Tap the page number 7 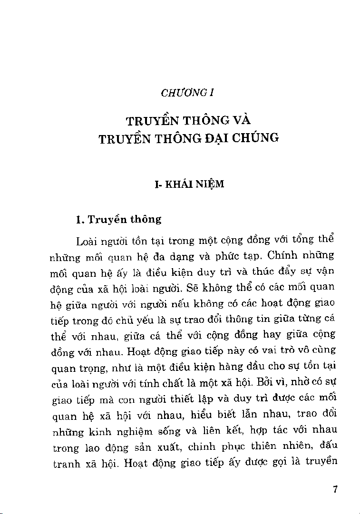click(335, 490)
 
